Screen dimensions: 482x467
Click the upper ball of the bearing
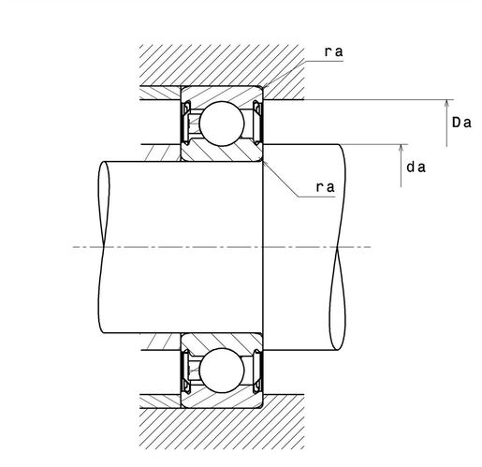(x=222, y=124)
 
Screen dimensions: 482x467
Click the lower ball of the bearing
(x=222, y=371)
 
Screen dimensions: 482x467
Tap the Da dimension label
(x=461, y=123)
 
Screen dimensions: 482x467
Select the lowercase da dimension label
(x=416, y=168)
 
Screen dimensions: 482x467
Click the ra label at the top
(x=333, y=51)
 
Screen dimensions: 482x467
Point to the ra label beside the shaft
(x=325, y=187)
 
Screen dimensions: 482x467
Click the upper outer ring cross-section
(x=222, y=94)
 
